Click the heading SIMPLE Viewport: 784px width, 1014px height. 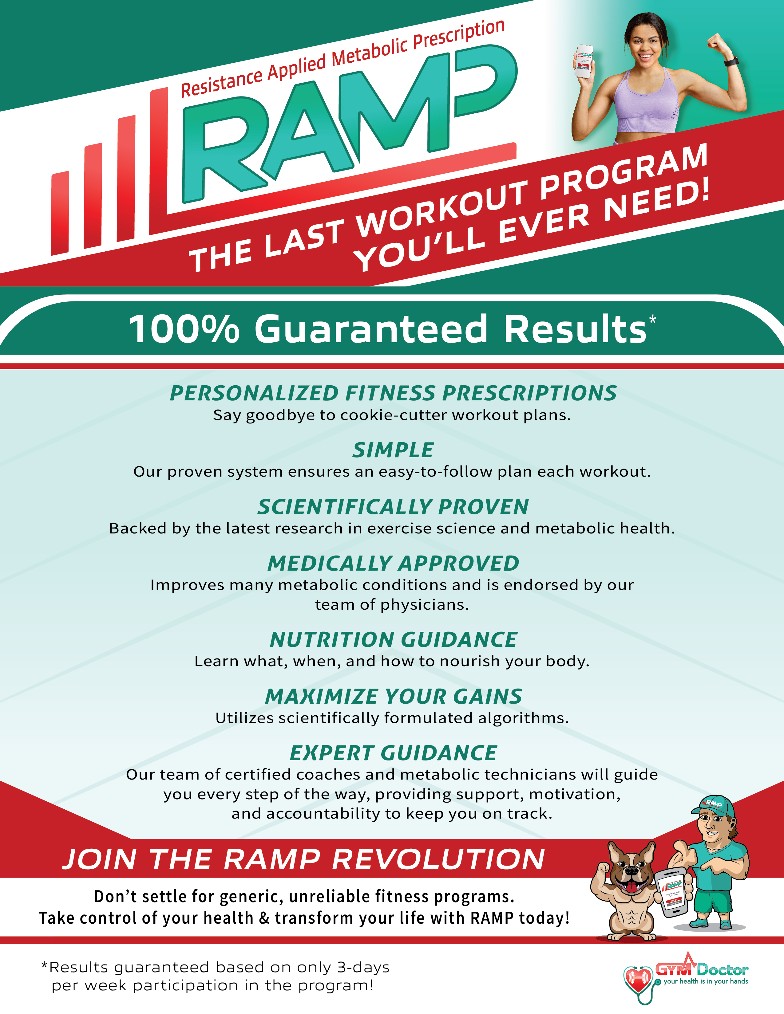393,450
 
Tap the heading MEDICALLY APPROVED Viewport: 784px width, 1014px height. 393,563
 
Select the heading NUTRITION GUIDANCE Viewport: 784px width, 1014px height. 393,639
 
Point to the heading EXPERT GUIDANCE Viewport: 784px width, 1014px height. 393,753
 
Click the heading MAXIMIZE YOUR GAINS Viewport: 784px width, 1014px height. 393,696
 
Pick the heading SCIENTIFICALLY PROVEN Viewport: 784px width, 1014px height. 393,506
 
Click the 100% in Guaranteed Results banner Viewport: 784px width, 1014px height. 184,329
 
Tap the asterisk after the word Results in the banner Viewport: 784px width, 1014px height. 652,320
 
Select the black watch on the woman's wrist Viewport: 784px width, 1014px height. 731,62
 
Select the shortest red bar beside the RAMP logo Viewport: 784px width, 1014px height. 60,213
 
